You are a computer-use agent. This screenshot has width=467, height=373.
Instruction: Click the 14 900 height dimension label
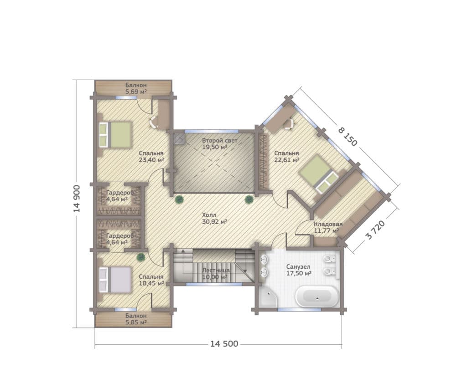[77, 199]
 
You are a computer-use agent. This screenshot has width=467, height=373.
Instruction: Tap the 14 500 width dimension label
[224, 344]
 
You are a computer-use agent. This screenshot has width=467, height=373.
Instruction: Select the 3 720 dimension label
[375, 230]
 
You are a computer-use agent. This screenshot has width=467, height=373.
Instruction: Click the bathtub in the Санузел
[317, 296]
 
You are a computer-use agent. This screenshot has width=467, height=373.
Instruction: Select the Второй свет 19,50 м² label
[219, 143]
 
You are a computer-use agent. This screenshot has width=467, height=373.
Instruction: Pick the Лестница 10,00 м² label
[216, 274]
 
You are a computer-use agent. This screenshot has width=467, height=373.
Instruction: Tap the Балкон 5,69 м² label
[136, 88]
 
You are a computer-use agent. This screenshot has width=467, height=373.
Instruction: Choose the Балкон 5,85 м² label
[136, 319]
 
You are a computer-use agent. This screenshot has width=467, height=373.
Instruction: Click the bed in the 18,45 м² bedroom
[115, 280]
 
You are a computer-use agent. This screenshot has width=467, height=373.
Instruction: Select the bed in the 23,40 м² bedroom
[115, 135]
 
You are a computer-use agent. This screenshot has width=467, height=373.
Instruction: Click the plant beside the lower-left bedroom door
[141, 257]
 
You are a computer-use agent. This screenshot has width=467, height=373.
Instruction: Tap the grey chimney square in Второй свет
[179, 138]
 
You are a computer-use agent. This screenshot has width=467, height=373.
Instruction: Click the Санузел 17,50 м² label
[299, 270]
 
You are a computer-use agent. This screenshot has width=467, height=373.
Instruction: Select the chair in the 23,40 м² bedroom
[153, 122]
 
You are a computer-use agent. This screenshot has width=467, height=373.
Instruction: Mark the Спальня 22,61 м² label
[286, 157]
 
